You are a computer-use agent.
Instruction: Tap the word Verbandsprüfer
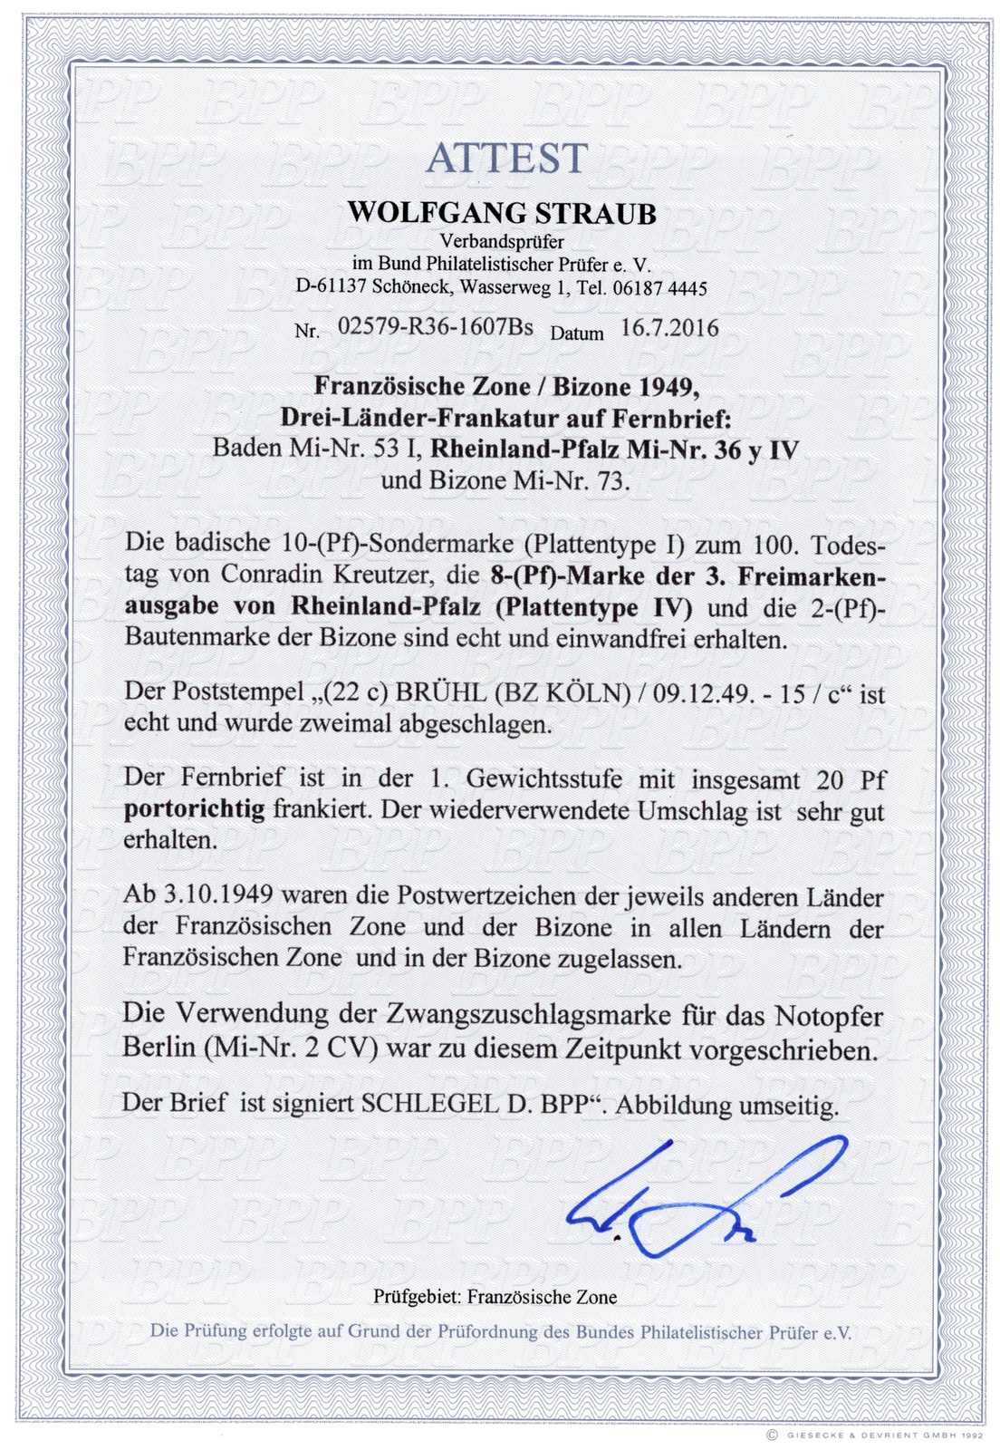pyautogui.click(x=502, y=242)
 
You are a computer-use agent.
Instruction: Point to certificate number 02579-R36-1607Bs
pyautogui.click(x=435, y=328)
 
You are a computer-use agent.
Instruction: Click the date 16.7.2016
pyautogui.click(x=669, y=328)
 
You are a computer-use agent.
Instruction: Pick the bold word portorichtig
pyautogui.click(x=194, y=809)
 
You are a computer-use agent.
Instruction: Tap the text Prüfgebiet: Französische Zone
pyautogui.click(x=495, y=1297)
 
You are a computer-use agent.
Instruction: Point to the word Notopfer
pyautogui.click(x=829, y=1016)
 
